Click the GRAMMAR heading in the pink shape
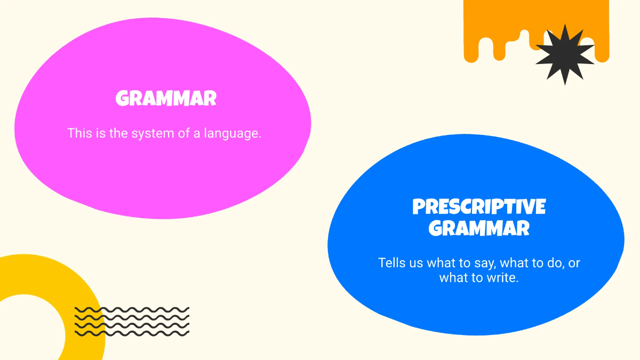166,99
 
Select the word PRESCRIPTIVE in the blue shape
479,206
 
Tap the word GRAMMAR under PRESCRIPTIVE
479,228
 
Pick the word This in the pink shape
79,133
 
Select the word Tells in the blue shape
391,263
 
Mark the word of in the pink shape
184,133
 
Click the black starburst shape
564,54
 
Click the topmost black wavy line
132,309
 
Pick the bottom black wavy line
132,333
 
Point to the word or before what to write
574,263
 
